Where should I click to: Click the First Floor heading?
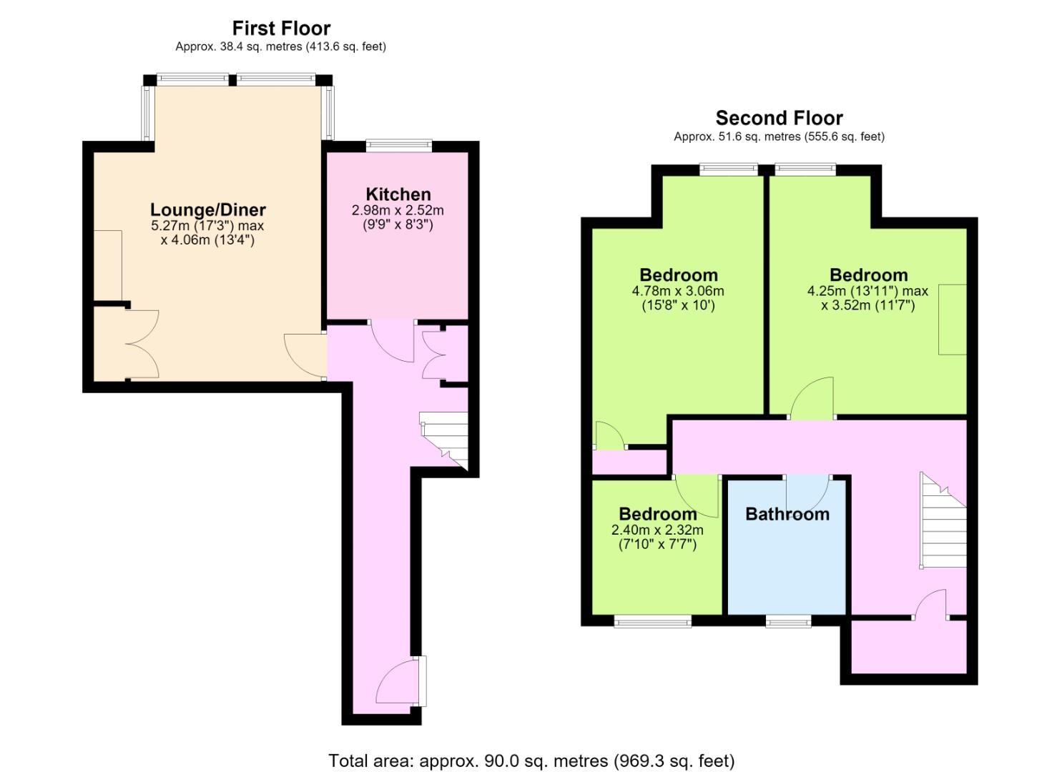(x=281, y=29)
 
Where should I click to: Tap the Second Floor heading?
(x=779, y=118)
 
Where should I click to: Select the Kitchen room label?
(x=398, y=194)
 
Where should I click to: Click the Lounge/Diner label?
(x=207, y=209)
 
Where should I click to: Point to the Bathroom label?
(x=787, y=514)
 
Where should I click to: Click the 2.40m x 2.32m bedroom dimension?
(x=657, y=530)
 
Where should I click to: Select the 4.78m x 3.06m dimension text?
(x=678, y=291)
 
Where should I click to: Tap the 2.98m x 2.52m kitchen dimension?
(x=398, y=210)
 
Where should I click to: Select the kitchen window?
(x=399, y=145)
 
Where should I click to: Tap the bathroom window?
(x=788, y=621)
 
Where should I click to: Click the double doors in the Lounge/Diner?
(x=142, y=344)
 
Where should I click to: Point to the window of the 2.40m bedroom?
(x=652, y=621)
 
